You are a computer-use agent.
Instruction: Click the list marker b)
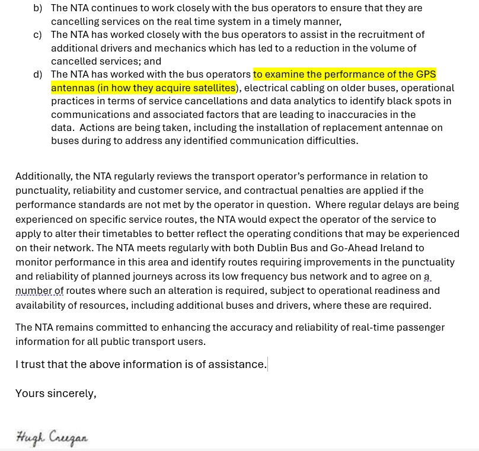click(x=37, y=8)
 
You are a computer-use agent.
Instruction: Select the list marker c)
click(x=37, y=35)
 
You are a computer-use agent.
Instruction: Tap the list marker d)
click(x=37, y=75)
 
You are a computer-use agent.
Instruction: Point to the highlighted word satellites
click(x=212, y=88)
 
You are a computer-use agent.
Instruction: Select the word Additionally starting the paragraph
click(x=44, y=177)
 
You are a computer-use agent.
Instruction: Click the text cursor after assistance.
click(x=267, y=364)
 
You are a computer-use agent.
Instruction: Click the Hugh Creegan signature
click(x=52, y=437)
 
